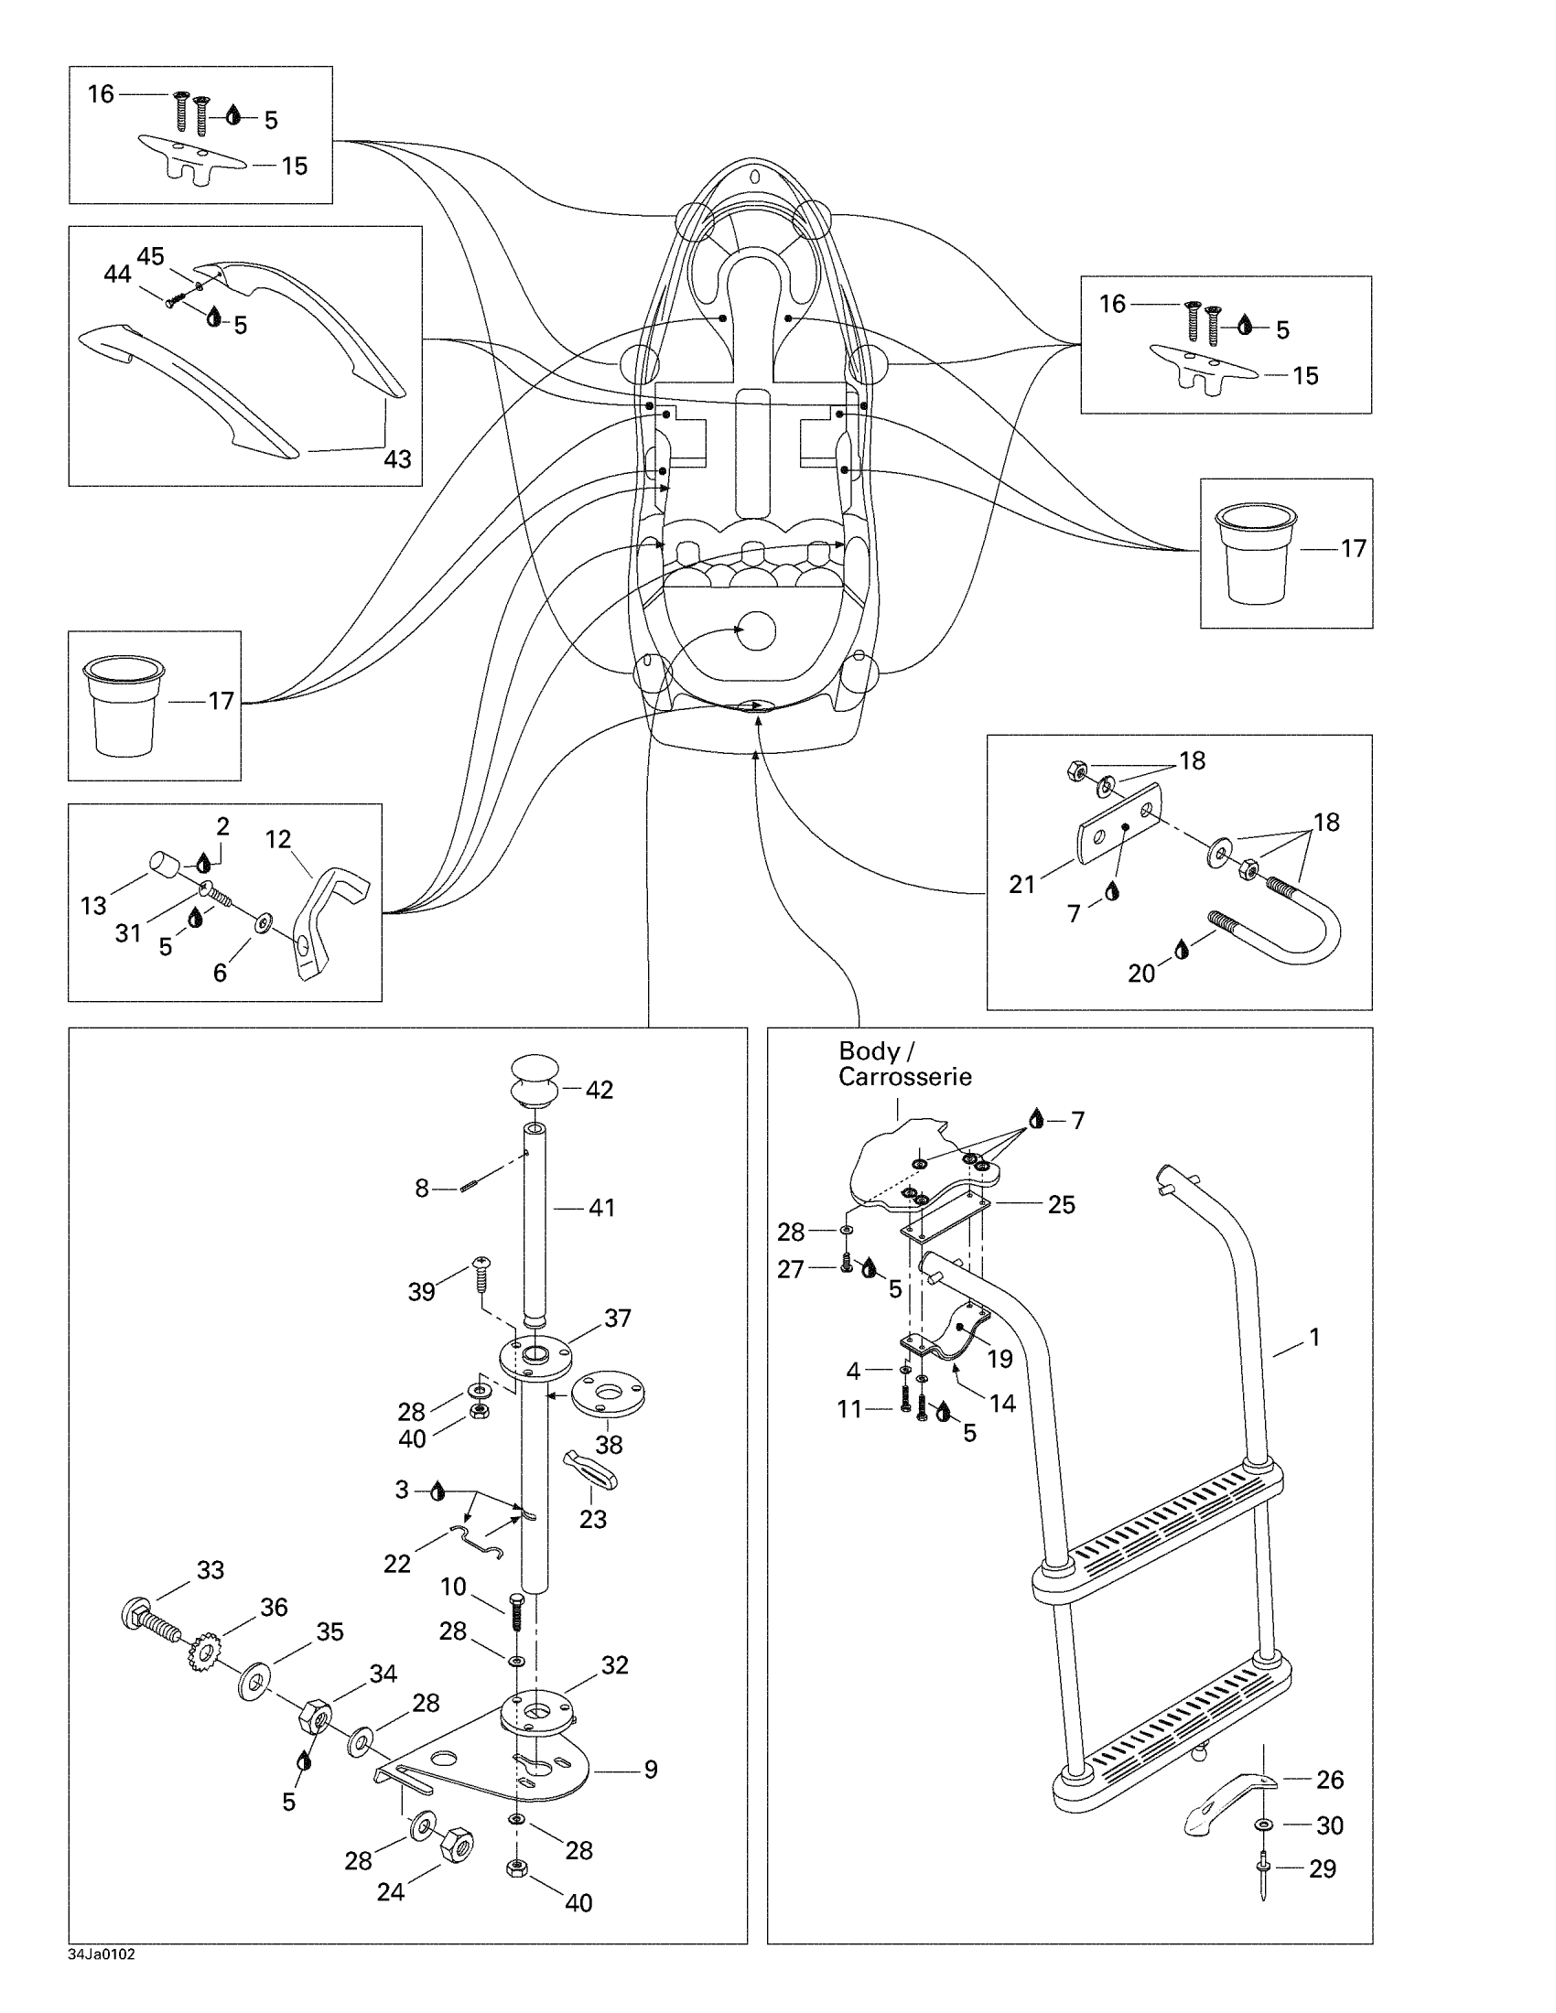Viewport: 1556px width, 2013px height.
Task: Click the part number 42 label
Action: (x=600, y=1090)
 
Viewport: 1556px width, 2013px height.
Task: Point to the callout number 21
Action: (x=1022, y=884)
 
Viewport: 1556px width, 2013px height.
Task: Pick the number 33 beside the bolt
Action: (x=211, y=1569)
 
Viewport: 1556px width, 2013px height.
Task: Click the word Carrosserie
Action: (x=904, y=1077)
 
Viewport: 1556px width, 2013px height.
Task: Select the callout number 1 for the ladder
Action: (x=1314, y=1337)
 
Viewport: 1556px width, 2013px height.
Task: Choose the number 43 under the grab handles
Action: (x=397, y=458)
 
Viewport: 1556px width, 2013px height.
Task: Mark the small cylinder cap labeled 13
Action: (x=166, y=867)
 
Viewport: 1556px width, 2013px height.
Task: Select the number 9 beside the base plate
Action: (x=651, y=1769)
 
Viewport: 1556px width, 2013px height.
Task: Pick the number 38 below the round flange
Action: (x=609, y=1444)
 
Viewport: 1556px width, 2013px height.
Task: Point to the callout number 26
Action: (x=1329, y=1779)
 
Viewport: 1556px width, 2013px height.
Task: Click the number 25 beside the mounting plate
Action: (x=1062, y=1205)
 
